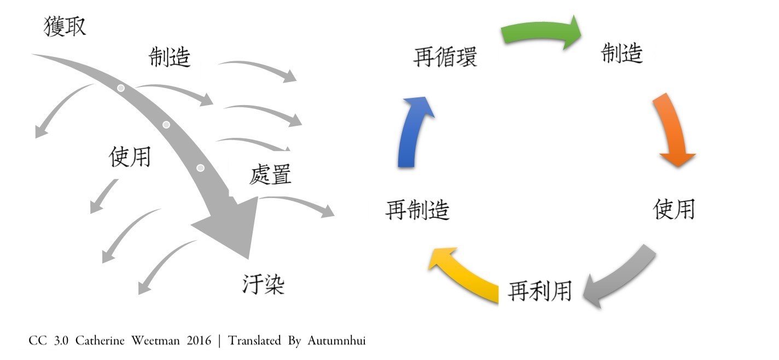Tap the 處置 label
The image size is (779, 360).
click(270, 175)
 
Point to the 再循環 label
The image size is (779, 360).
click(445, 57)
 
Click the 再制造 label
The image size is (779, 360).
click(417, 210)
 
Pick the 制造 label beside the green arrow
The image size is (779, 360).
click(621, 54)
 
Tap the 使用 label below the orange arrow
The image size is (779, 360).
click(674, 209)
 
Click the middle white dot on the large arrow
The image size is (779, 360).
click(166, 125)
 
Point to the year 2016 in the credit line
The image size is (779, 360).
click(198, 341)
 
